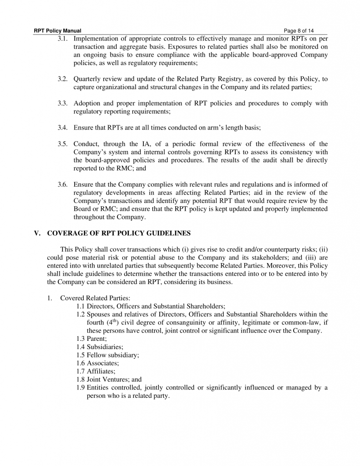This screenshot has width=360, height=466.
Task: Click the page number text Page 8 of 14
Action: (299, 31)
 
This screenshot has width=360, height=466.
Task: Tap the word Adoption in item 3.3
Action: (87, 103)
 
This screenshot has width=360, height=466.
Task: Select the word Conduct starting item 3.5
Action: (86, 144)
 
